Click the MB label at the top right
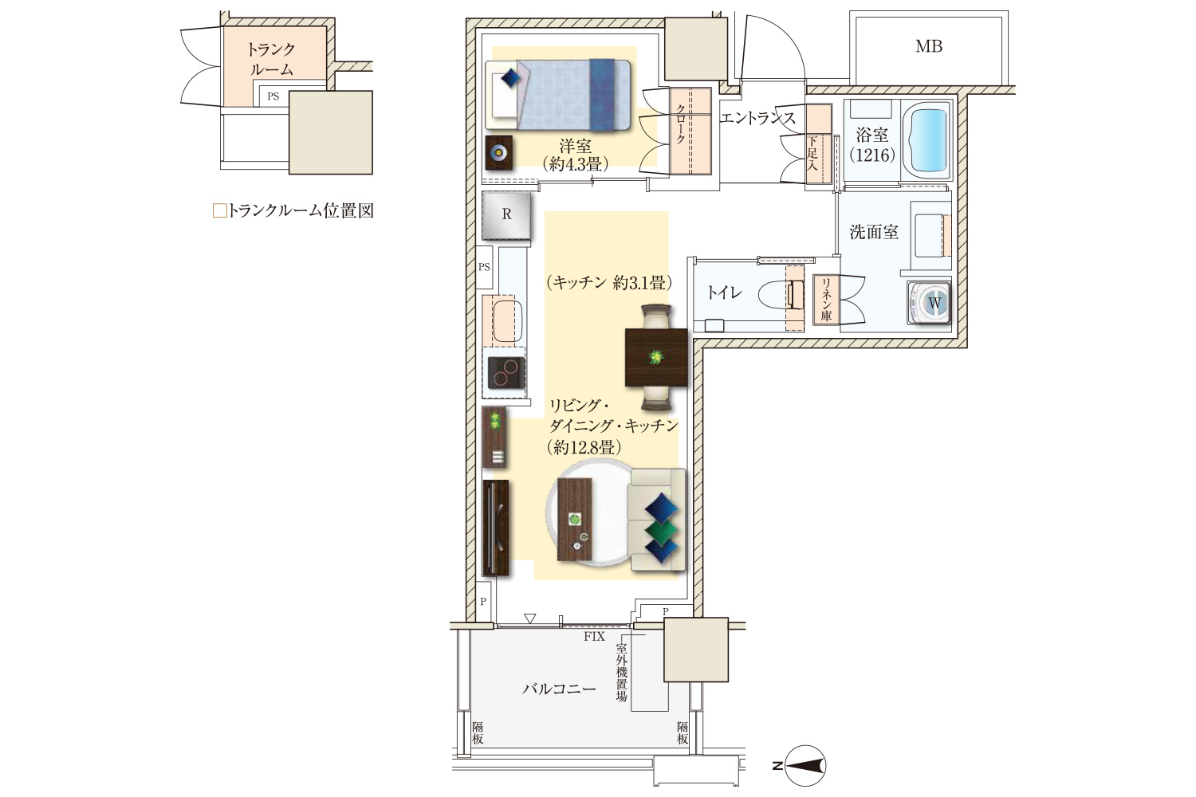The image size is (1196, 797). [929, 46]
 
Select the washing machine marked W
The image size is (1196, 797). [929, 303]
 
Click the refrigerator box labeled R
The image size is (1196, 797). [506, 215]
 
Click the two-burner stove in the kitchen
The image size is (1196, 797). [506, 372]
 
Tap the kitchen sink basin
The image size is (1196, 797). [506, 321]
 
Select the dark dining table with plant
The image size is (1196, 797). [655, 357]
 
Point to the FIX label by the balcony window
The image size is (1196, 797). [594, 636]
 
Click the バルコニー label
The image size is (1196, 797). [558, 689]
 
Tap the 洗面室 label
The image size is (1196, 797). [874, 232]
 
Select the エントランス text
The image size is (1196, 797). [757, 118]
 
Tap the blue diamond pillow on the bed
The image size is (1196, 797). [510, 79]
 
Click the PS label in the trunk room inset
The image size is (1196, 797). [273, 96]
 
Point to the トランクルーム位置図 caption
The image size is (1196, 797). [293, 211]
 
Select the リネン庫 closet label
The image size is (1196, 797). [826, 300]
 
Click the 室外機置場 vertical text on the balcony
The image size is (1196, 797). [621, 673]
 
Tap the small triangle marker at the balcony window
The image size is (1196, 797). [529, 618]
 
